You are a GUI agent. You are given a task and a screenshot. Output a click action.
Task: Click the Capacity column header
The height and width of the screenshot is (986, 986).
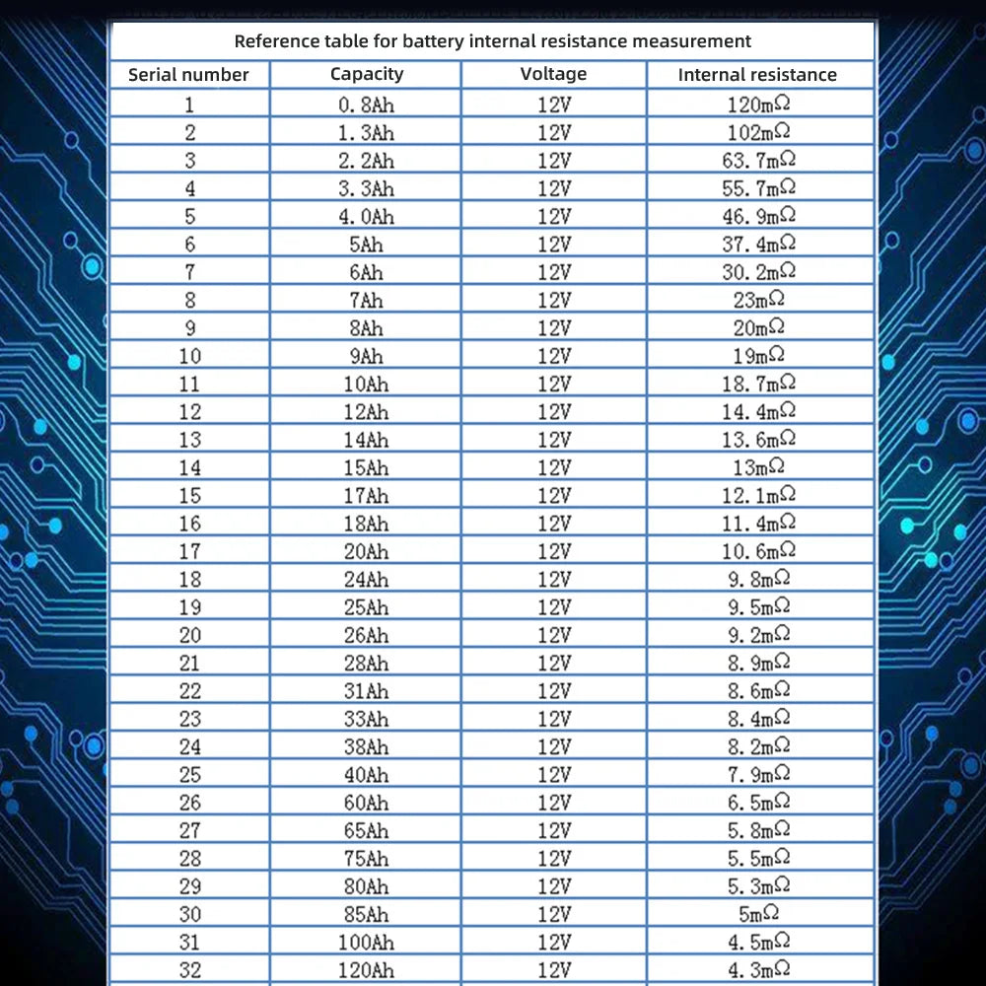point(367,74)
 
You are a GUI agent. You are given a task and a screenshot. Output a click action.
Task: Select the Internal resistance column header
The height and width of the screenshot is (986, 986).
point(757,75)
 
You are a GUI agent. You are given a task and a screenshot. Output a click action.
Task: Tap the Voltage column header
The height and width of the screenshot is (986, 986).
point(553,74)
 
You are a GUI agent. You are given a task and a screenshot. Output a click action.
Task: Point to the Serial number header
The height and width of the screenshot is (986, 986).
point(188,75)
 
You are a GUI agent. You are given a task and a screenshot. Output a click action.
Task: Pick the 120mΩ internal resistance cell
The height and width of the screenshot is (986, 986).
point(760,104)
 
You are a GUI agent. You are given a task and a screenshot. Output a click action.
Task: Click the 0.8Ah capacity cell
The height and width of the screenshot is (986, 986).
point(366,105)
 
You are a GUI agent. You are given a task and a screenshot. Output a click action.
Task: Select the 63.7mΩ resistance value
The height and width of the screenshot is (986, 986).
point(758,160)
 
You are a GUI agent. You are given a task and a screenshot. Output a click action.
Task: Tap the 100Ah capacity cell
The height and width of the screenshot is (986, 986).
point(366,942)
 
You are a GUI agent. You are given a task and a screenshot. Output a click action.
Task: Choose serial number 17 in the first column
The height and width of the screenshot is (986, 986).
point(189,551)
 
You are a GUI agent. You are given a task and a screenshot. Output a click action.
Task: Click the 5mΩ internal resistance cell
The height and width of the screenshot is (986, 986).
point(759,914)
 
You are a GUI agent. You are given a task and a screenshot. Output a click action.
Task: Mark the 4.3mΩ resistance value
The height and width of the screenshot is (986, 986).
point(758,969)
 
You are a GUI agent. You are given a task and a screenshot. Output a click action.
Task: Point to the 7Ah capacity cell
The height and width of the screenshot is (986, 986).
point(366,300)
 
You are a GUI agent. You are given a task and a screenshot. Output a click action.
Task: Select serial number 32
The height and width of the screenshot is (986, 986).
point(189,969)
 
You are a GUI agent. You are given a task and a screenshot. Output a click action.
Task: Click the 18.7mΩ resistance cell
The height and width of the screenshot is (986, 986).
point(758,384)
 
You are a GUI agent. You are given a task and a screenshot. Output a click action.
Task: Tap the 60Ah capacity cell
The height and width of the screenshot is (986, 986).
point(366,803)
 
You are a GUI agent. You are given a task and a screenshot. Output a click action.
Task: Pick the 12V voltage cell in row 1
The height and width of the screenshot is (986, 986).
point(554,105)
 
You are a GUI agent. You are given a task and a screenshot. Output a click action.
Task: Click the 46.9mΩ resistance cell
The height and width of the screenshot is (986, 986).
point(758,216)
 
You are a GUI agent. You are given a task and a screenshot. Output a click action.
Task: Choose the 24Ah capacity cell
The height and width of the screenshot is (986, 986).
point(366,579)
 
